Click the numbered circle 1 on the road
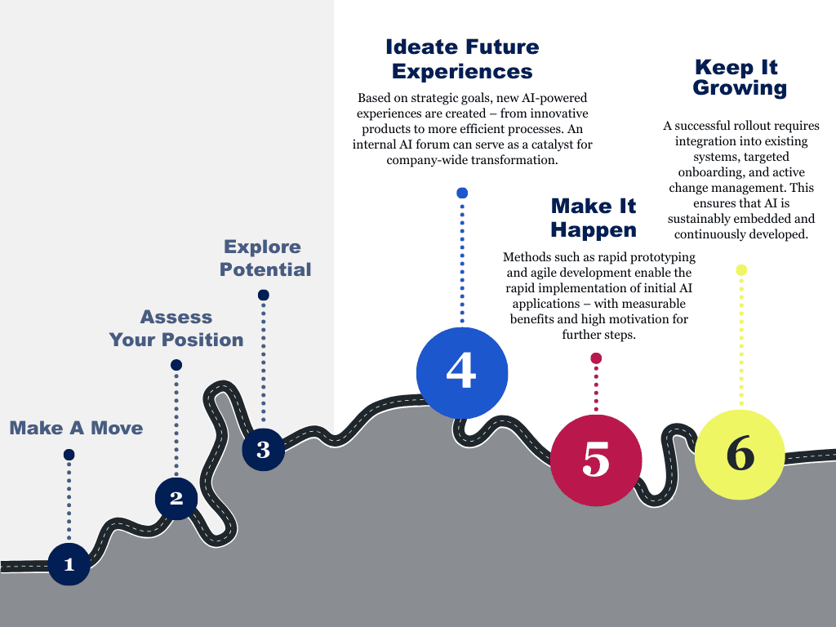[x=69, y=564]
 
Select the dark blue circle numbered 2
[x=176, y=498]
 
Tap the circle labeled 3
[x=263, y=449]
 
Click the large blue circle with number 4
[x=462, y=371]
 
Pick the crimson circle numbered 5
[x=596, y=460]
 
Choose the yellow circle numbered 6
[x=740, y=454]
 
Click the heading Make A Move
[x=76, y=428]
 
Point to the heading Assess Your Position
[x=176, y=328]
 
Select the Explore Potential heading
[x=265, y=258]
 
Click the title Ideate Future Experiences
[x=462, y=59]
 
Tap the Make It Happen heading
[x=594, y=217]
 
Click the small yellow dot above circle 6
[x=741, y=270]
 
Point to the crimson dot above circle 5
[x=596, y=358]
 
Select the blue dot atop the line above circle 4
[x=462, y=193]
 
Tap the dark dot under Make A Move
[x=69, y=455]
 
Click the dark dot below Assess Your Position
[x=176, y=365]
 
